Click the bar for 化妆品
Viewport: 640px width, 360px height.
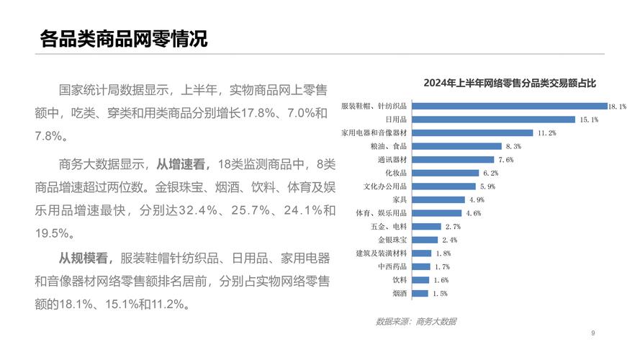(446, 173)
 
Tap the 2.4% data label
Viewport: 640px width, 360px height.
(449, 240)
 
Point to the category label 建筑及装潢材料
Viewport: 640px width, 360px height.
(382, 253)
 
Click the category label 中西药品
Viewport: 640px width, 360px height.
(392, 266)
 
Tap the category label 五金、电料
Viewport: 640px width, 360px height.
(389, 227)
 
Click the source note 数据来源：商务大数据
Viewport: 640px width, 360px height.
(415, 321)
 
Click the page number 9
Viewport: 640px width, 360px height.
(592, 333)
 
